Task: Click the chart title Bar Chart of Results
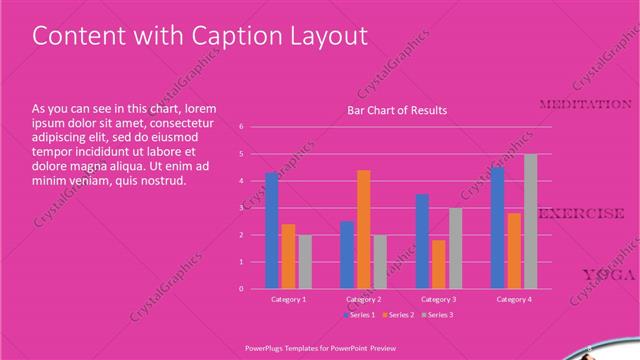(397, 110)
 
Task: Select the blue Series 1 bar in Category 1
(272, 231)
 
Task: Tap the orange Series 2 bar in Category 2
(363, 230)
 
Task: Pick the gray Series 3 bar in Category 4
(530, 221)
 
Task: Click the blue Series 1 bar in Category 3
(422, 241)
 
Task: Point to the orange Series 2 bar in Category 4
(514, 250)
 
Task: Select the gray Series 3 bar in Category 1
(305, 262)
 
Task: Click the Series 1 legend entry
(361, 315)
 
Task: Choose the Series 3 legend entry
(438, 315)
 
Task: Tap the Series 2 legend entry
(399, 315)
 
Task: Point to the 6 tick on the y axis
(241, 127)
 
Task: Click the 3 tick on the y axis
(241, 208)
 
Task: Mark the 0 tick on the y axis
(241, 289)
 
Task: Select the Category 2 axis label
(363, 299)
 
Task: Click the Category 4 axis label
(514, 299)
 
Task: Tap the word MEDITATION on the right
(585, 105)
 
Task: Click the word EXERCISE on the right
(583, 214)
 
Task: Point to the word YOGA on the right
(608, 275)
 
